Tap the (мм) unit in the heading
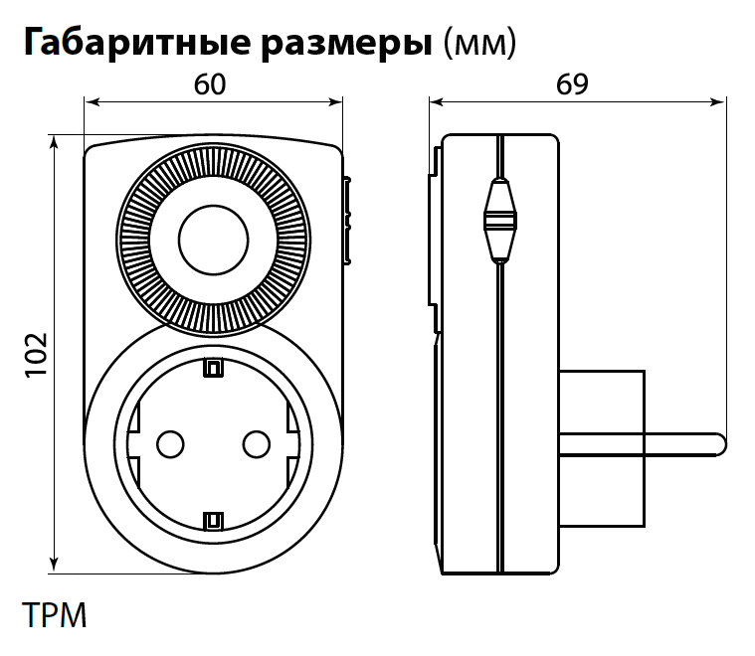[x=480, y=44]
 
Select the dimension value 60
[x=210, y=85]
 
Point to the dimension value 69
[x=571, y=85]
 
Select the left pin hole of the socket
[x=170, y=442]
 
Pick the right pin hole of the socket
[x=257, y=442]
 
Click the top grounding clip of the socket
[x=213, y=369]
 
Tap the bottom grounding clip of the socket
[x=213, y=520]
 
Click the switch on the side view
[x=500, y=220]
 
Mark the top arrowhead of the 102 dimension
[x=53, y=141]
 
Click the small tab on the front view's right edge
[x=347, y=221]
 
